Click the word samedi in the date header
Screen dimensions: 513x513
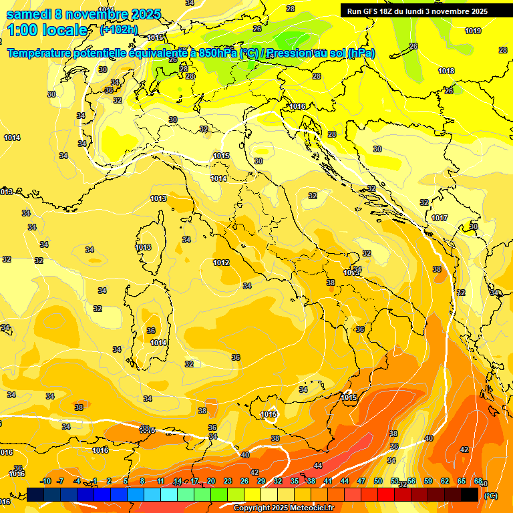tap(29, 14)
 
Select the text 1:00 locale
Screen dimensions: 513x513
tap(47, 30)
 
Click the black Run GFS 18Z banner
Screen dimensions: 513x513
tap(417, 11)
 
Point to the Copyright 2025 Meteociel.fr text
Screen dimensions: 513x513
tap(283, 508)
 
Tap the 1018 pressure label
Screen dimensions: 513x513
tap(446, 71)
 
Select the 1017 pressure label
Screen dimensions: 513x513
tap(440, 218)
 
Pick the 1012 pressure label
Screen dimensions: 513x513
tap(222, 263)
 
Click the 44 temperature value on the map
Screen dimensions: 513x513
tap(318, 466)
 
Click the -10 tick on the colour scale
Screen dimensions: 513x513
tap(45, 482)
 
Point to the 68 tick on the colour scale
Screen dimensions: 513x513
tap(478, 482)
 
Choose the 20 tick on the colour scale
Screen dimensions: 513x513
tap(211, 482)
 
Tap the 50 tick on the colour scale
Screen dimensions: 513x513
tap(378, 482)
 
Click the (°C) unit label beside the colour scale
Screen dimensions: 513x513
tap(491, 496)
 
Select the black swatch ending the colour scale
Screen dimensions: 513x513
tap(470, 494)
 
